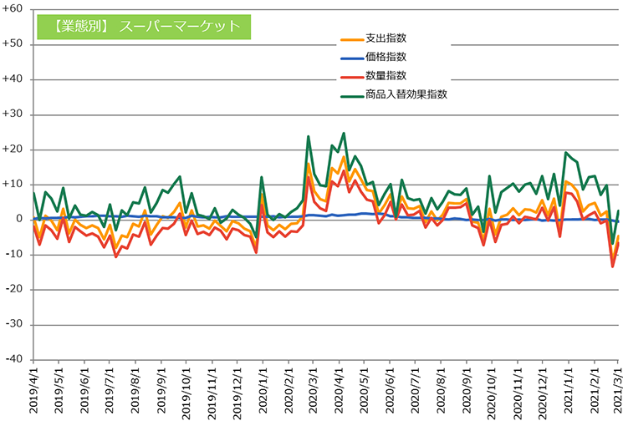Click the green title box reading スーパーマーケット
click(143, 26)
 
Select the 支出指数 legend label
click(386, 38)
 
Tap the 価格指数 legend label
click(386, 58)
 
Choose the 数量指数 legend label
click(386, 76)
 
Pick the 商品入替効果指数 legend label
click(406, 95)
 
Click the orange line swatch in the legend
click(350, 39)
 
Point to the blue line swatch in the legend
click(350, 58)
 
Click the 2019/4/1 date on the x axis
click(34, 393)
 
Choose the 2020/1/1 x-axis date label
click(263, 393)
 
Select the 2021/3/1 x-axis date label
click(618, 393)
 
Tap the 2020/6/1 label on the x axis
click(390, 393)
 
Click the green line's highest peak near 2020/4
click(343, 133)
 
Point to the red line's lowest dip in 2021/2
click(612, 266)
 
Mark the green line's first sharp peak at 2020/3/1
click(309, 136)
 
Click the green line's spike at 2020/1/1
click(262, 177)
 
